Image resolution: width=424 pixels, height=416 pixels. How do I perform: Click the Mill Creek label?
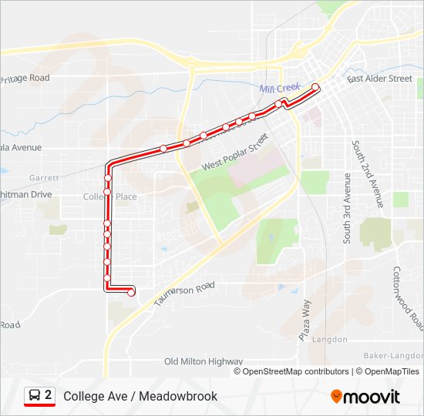279,89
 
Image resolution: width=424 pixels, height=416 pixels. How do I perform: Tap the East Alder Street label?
379,79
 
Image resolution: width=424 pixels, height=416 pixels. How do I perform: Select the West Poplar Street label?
234,153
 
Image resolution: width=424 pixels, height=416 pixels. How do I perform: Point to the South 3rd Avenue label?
347,208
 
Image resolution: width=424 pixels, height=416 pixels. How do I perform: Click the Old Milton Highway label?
204,361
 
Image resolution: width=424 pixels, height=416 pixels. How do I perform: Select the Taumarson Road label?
183,293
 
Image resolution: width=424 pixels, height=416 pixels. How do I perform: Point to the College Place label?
109,196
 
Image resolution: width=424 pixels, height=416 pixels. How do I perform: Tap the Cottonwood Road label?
407,297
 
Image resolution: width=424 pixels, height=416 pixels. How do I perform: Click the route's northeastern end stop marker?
315,87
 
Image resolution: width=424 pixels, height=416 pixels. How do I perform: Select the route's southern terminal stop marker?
131,291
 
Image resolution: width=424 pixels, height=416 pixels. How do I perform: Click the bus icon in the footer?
35,396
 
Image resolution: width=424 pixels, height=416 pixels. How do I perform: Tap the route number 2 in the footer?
49,395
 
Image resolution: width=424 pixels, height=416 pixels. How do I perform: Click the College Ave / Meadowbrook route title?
140,396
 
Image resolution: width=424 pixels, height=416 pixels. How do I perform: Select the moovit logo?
365,397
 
